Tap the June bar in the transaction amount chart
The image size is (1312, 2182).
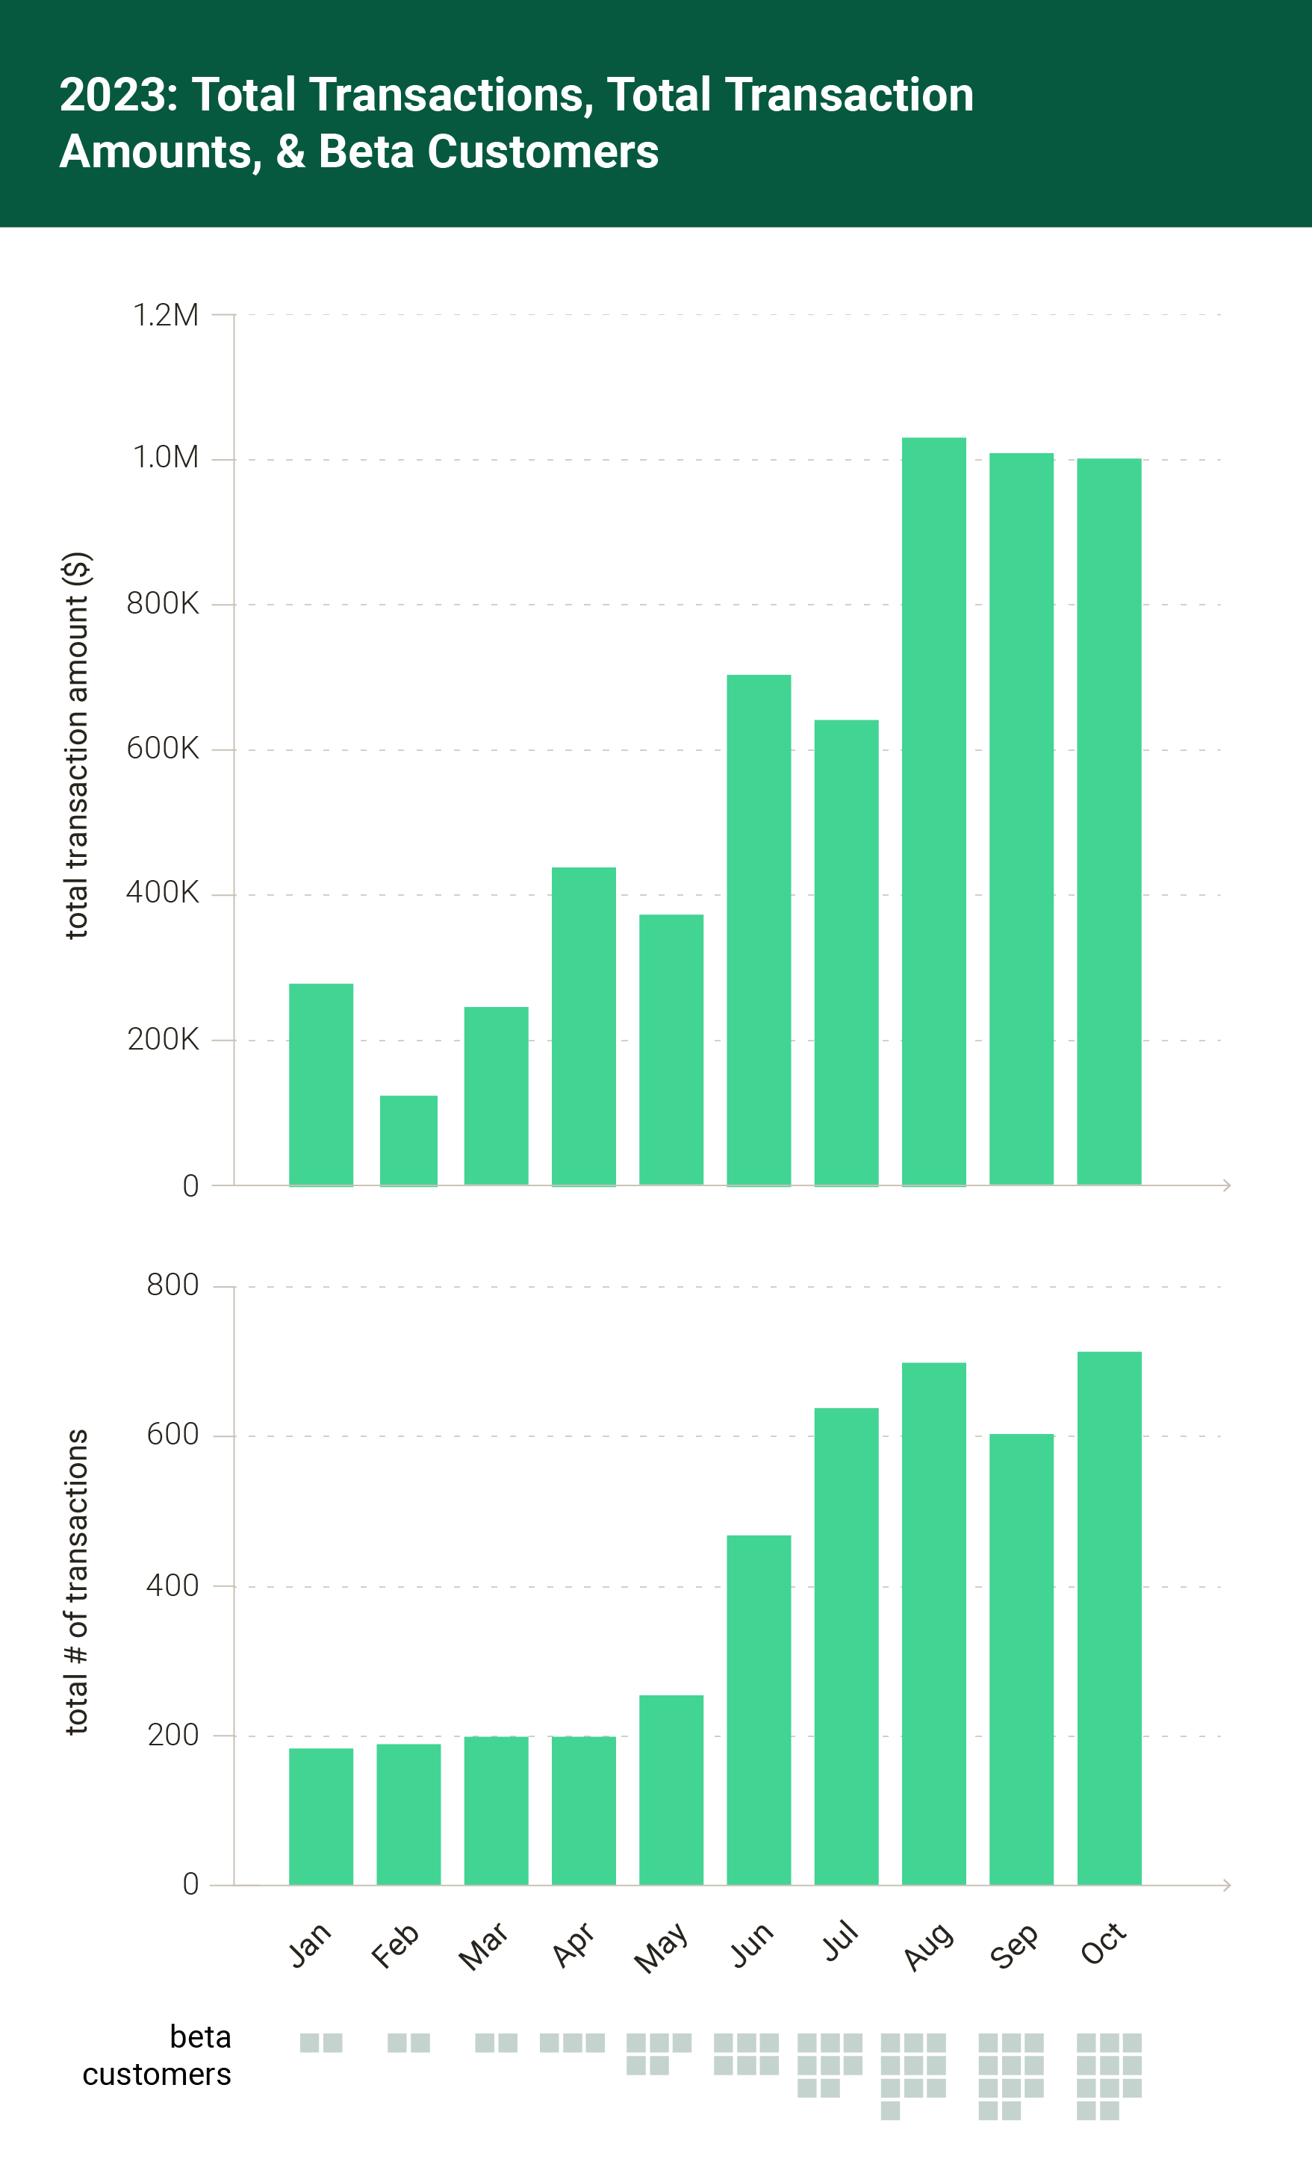pyautogui.click(x=759, y=929)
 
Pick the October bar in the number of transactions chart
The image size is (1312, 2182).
pyautogui.click(x=1109, y=1618)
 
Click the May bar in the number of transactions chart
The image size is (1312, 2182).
pyautogui.click(x=671, y=1789)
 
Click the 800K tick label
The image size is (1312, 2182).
pyautogui.click(x=163, y=605)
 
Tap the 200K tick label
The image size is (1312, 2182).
pyautogui.click(x=163, y=1039)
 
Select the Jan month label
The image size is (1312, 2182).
pyautogui.click(x=311, y=1945)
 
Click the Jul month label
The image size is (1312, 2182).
pyautogui.click(x=841, y=1942)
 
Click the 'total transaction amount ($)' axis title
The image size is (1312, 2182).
pyautogui.click(x=78, y=745)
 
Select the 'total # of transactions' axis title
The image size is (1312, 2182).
pyautogui.click(x=78, y=1582)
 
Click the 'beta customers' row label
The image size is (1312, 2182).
pyautogui.click(x=158, y=2056)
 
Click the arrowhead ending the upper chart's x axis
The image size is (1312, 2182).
pyautogui.click(x=1227, y=1185)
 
